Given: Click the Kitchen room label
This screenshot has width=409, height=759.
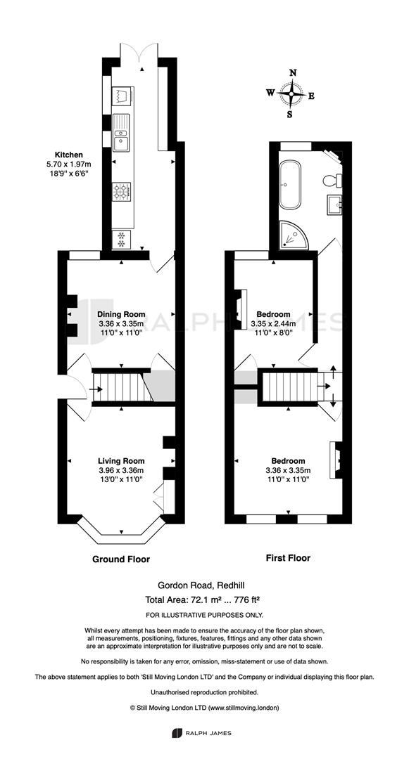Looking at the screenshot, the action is pyautogui.click(x=68, y=155).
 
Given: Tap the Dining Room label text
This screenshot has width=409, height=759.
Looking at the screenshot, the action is pyautogui.click(x=121, y=314).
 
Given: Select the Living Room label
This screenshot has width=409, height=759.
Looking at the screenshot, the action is pyautogui.click(x=121, y=461).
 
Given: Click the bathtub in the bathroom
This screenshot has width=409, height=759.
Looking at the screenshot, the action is pyautogui.click(x=290, y=185).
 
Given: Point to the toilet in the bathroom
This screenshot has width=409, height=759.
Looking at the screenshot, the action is pyautogui.click(x=333, y=181).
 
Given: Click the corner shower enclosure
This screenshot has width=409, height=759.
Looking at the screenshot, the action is pyautogui.click(x=294, y=235).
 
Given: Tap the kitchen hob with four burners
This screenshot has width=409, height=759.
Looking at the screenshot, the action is pyautogui.click(x=122, y=191).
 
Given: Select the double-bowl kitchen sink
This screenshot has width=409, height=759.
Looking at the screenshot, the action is pyautogui.click(x=122, y=133).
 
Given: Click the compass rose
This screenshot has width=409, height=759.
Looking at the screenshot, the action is pyautogui.click(x=291, y=94).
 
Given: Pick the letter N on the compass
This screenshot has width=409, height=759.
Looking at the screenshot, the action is pyautogui.click(x=293, y=72).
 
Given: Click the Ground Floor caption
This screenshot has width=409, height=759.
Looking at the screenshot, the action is pyautogui.click(x=121, y=559).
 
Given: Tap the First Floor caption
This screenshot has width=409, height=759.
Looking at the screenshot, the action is pyautogui.click(x=288, y=557).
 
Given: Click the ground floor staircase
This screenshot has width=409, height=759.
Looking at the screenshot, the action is pyautogui.click(x=122, y=387).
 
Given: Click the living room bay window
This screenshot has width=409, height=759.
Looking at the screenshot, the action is pyautogui.click(x=120, y=528).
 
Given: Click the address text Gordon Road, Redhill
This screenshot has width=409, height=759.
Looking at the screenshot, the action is pyautogui.click(x=203, y=585).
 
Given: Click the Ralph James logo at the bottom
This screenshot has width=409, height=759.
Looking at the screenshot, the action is pyautogui.click(x=201, y=733).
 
